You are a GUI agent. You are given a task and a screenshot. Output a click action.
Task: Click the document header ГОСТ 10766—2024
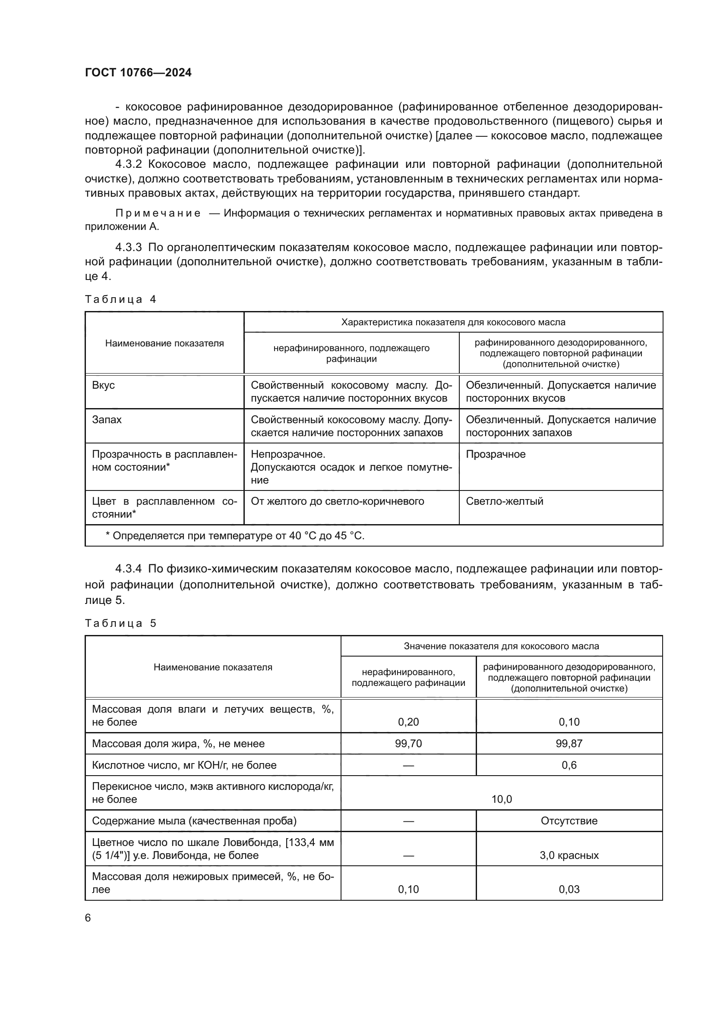(x=138, y=73)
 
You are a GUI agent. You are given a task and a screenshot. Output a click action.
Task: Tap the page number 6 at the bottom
(x=88, y=918)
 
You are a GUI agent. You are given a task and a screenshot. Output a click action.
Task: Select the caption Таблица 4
(x=120, y=299)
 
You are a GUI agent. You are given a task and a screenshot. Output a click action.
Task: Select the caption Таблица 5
(x=120, y=623)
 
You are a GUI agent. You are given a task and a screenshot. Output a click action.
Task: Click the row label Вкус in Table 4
(x=103, y=385)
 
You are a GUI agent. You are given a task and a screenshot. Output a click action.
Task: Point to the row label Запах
(x=107, y=419)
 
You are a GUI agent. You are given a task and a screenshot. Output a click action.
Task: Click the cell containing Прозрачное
(x=496, y=454)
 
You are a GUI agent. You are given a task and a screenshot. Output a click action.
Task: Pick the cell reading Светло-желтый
(x=504, y=501)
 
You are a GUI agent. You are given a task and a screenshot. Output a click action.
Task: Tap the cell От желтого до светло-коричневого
(x=337, y=501)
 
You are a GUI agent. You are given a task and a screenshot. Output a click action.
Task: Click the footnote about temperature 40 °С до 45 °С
(x=235, y=536)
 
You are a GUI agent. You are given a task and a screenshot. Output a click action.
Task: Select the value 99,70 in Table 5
(x=408, y=744)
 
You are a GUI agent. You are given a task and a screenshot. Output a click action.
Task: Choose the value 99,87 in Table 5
(x=569, y=744)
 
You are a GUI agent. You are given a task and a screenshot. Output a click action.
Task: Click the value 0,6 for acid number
(x=569, y=765)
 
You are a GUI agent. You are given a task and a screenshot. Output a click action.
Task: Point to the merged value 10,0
(x=501, y=799)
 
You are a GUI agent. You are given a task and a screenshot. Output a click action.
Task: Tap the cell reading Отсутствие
(x=569, y=821)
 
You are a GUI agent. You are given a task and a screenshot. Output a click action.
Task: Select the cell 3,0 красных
(x=569, y=855)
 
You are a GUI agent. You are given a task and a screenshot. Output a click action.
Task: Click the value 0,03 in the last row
(x=569, y=889)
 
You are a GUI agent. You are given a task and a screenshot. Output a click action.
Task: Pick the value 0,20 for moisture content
(x=408, y=722)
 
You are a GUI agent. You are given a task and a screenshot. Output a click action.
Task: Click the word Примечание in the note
(x=158, y=214)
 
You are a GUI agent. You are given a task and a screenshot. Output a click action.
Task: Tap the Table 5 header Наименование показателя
(x=213, y=667)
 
